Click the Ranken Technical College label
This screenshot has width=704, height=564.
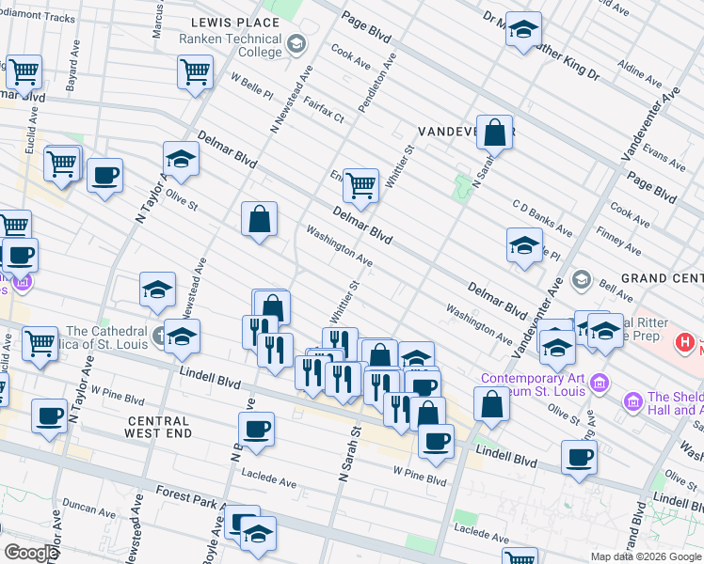(x=232, y=45)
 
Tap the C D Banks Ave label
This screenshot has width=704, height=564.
(x=542, y=217)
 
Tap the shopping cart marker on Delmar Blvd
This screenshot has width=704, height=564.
(x=361, y=185)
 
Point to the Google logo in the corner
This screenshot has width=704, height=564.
(x=30, y=553)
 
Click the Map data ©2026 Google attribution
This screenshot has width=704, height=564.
(x=646, y=556)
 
